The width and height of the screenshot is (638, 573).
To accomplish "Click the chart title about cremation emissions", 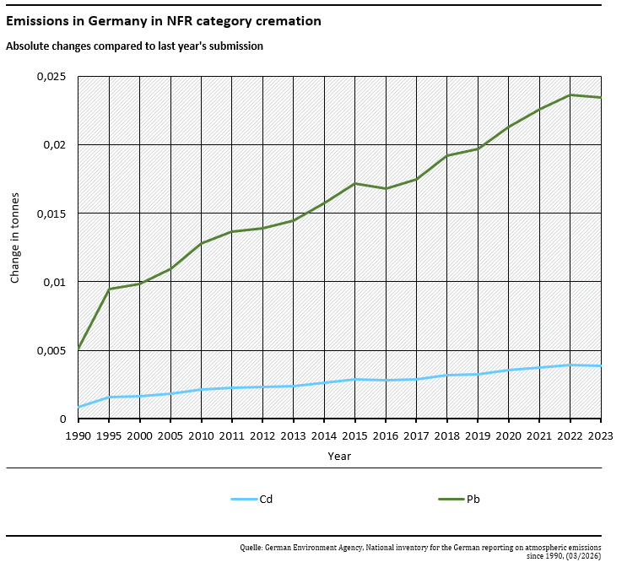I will point(164,21).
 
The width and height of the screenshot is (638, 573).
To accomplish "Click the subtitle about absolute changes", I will point(135,46).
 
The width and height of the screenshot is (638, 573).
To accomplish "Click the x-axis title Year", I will point(339,456).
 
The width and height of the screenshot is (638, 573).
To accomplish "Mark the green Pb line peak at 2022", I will point(570,95).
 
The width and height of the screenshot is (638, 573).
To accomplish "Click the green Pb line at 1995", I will point(109,289).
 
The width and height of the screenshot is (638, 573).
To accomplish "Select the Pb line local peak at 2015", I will point(355,183).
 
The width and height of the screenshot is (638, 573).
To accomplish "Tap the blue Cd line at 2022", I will point(570,365).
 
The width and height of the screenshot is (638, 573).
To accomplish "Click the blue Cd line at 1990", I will point(78,407).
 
